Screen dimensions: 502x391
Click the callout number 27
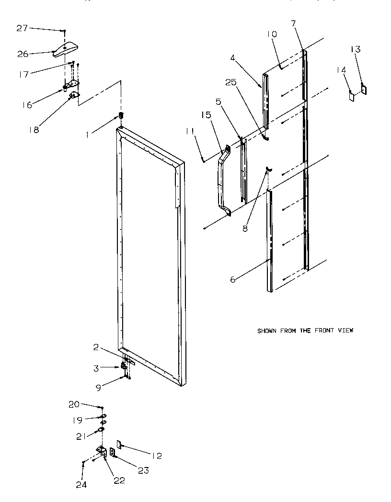pyautogui.click(x=22, y=29)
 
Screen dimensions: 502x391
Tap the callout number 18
pyautogui.click(x=34, y=129)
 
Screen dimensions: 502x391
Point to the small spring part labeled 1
pyautogui.click(x=121, y=116)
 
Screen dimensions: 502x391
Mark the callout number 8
pyautogui.click(x=245, y=228)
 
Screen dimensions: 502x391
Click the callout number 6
pyautogui.click(x=233, y=279)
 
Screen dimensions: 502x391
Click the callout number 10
pyautogui.click(x=272, y=34)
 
